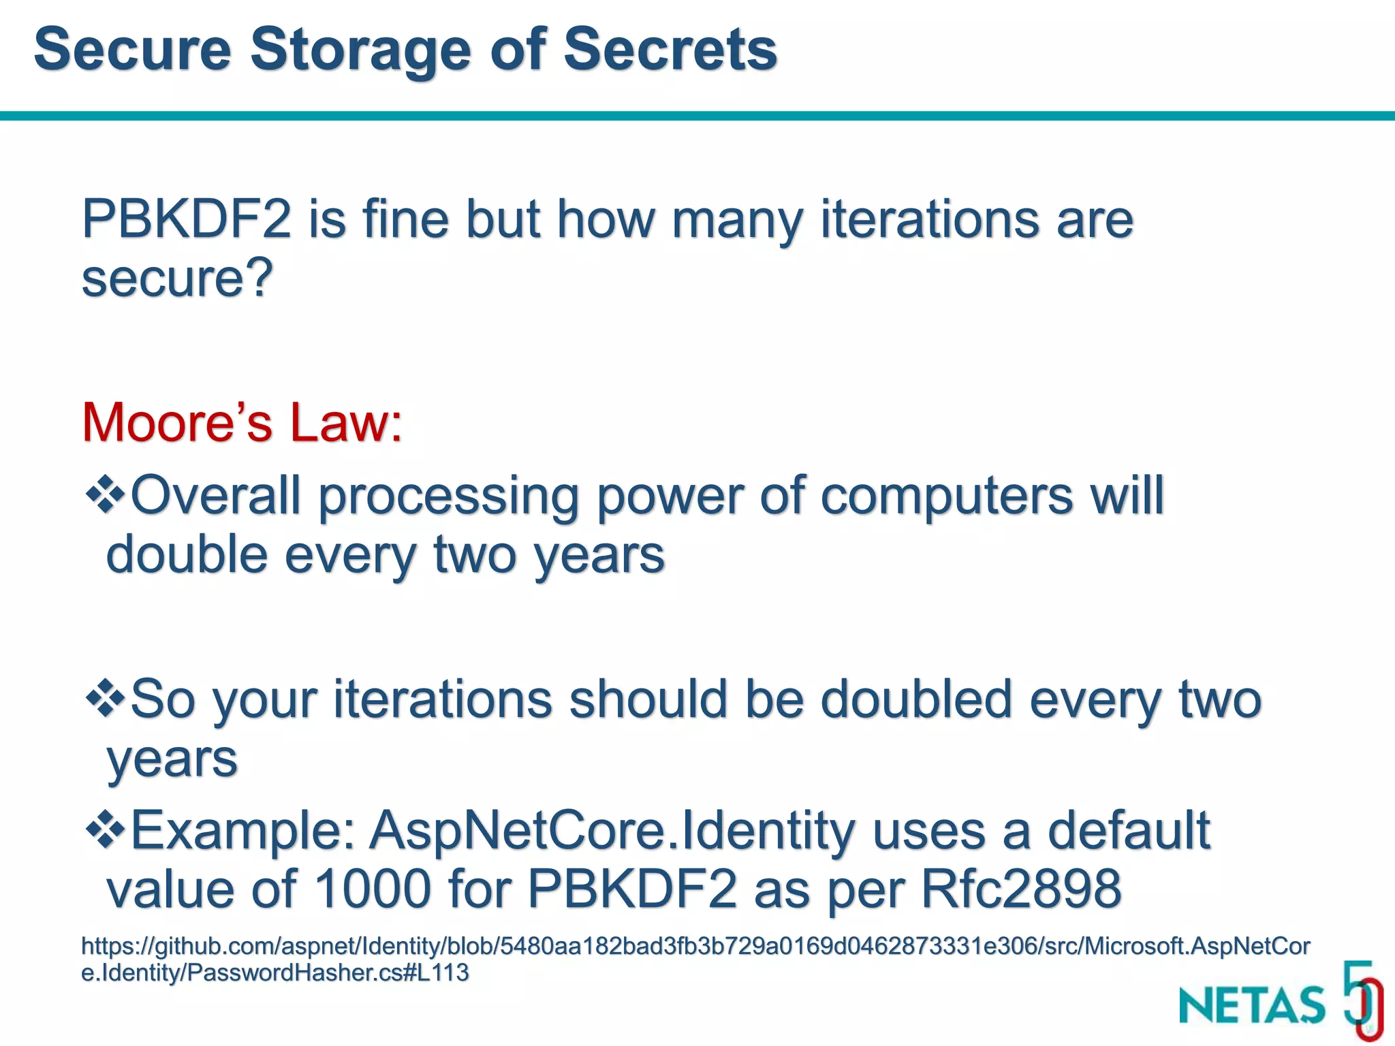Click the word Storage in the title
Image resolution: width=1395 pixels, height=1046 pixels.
click(x=361, y=50)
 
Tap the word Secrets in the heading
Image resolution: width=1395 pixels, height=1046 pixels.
click(x=670, y=50)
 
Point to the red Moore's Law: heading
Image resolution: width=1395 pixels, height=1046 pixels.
click(x=242, y=423)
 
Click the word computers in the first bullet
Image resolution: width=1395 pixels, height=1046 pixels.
click(x=947, y=496)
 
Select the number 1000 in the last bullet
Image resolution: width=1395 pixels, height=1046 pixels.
click(x=373, y=889)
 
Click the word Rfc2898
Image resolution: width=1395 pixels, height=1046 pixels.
click(x=1021, y=889)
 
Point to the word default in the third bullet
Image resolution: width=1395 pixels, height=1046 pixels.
click(x=1128, y=831)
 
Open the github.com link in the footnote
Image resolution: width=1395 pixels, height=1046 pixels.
click(x=695, y=946)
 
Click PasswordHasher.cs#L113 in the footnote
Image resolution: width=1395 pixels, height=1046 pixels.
click(x=327, y=972)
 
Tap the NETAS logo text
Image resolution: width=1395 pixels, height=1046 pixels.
click(x=1252, y=1004)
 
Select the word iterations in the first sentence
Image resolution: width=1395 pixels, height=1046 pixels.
click(x=929, y=219)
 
